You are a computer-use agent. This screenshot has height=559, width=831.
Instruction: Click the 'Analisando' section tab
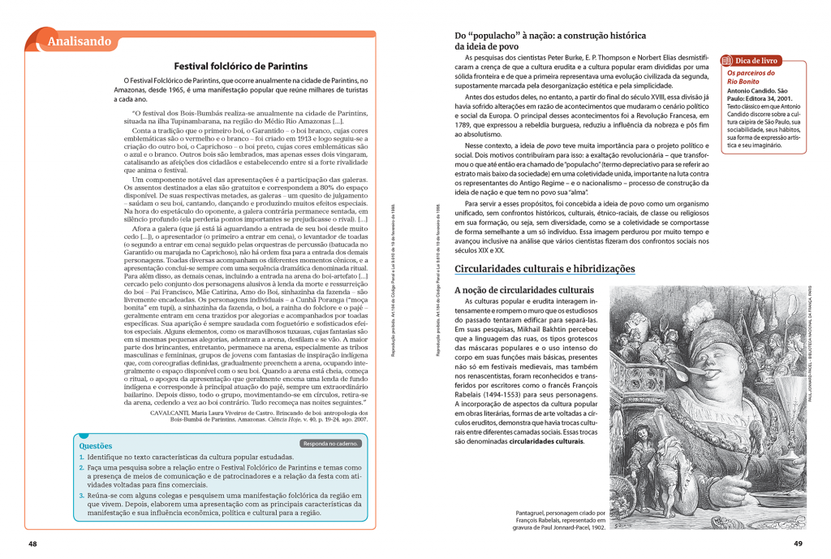tap(79, 41)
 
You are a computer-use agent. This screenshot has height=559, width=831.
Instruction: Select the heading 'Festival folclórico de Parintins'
tap(241, 66)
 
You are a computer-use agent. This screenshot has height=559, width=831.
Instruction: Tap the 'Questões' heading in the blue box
tap(95, 445)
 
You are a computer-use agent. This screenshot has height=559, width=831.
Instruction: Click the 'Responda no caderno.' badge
tap(331, 444)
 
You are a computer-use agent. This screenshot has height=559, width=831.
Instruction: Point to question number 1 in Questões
tap(81, 457)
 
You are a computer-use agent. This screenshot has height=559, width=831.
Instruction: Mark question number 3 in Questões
tap(81, 493)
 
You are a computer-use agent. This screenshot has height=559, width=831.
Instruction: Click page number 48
tap(32, 544)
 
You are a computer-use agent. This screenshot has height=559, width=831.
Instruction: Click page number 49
tap(798, 544)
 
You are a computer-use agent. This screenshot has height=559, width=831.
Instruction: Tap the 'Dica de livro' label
tap(756, 60)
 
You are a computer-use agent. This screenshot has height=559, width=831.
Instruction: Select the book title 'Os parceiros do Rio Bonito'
tap(746, 77)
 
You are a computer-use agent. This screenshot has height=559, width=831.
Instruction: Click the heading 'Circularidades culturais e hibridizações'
tap(545, 269)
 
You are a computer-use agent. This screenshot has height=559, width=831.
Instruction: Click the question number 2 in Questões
tap(81, 469)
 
